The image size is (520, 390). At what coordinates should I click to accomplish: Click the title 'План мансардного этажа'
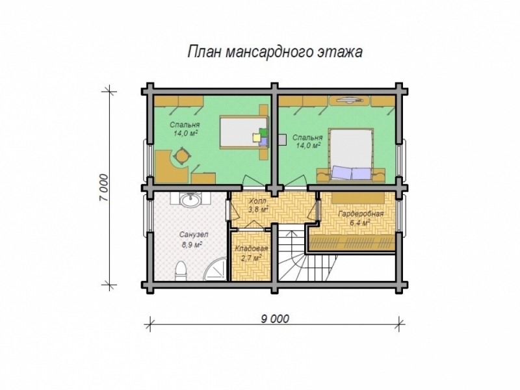click(275, 52)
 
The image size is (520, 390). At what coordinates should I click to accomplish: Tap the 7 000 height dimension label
click(103, 188)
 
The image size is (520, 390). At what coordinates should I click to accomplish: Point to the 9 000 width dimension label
click(275, 319)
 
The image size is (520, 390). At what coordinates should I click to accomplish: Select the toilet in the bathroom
click(181, 271)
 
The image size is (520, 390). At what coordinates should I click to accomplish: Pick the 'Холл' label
click(257, 201)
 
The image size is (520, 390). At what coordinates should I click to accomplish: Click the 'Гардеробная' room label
click(361, 214)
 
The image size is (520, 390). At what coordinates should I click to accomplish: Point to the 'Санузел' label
click(194, 235)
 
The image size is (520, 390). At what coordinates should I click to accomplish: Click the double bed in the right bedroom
click(350, 155)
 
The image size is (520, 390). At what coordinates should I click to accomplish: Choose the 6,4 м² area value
click(360, 222)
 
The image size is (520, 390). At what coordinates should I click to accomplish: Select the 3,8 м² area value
click(258, 209)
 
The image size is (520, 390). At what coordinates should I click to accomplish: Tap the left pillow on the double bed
click(341, 173)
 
